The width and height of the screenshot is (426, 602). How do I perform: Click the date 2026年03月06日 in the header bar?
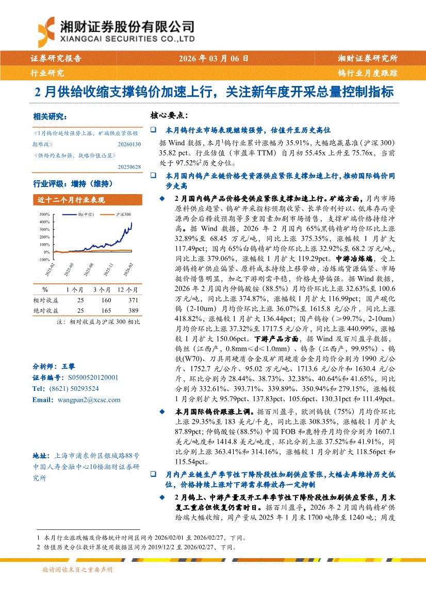213,59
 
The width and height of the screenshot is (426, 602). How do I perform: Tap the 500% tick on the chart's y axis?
44,214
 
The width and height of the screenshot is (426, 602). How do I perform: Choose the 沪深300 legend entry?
123,214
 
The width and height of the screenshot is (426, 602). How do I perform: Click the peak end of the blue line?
132,223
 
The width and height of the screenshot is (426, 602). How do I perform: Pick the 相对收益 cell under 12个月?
134,299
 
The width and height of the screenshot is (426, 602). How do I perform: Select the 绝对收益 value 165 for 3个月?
106,311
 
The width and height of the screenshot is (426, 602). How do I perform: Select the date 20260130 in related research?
129,145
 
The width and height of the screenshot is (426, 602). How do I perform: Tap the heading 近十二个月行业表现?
71,200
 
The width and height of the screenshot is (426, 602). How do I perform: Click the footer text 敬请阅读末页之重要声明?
78,569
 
